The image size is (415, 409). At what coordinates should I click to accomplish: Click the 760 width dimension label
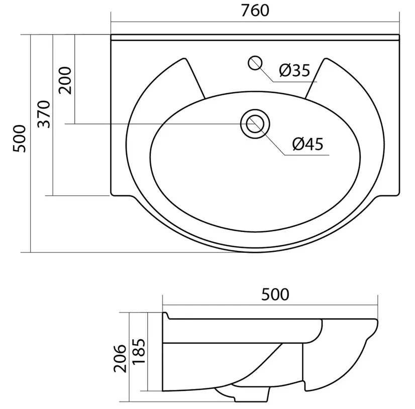click(255, 11)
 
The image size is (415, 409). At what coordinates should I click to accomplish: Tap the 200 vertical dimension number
click(65, 81)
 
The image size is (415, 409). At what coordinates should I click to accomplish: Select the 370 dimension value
click(44, 114)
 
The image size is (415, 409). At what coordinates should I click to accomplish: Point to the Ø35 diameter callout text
click(294, 70)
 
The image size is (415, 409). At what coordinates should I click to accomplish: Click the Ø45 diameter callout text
click(308, 144)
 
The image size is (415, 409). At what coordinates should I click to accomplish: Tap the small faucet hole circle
click(255, 63)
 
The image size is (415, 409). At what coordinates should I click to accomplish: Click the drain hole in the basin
click(255, 124)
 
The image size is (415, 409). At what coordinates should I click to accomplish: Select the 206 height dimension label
click(120, 358)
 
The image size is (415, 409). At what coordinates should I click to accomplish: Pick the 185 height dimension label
click(139, 351)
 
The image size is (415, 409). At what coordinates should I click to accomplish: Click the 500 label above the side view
click(275, 295)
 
